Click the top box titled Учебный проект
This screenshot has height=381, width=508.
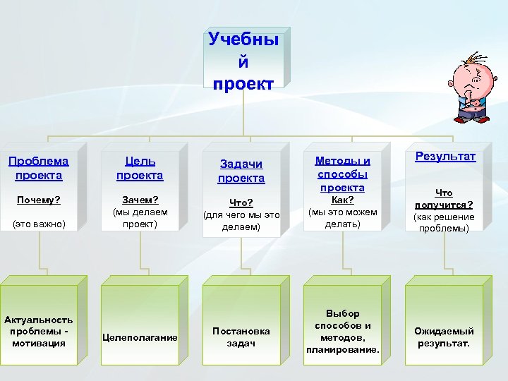coord(243,61)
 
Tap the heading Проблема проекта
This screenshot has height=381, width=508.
coord(39,169)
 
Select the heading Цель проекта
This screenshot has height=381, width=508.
coord(140,169)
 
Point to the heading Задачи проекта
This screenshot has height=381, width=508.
coord(241,171)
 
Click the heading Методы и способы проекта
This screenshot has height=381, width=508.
coord(342,174)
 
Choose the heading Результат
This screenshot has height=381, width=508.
coord(445,156)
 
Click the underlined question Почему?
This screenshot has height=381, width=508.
coord(39,200)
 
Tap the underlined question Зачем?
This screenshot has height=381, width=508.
coord(140,200)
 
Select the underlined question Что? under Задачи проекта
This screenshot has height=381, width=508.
coord(241,202)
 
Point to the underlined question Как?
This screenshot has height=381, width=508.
coord(342,200)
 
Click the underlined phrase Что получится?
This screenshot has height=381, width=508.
coord(445,198)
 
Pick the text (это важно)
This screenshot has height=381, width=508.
coord(39,224)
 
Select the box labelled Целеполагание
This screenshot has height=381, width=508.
coord(140,338)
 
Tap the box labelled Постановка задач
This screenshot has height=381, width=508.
coord(241,337)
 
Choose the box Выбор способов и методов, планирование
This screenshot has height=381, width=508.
coord(342,332)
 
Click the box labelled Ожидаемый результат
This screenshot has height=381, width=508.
coord(444,337)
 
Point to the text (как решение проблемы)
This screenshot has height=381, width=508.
coord(445,222)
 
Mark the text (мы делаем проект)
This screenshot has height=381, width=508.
coord(140,218)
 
